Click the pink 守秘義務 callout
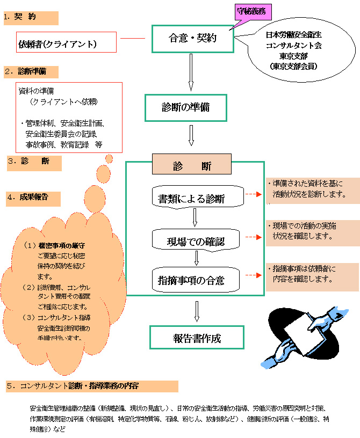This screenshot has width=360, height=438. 251,10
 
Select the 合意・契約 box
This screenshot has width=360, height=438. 193,39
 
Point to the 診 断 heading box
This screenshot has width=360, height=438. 192,166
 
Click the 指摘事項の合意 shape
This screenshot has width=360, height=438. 195,279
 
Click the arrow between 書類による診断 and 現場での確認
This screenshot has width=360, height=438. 196,217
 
